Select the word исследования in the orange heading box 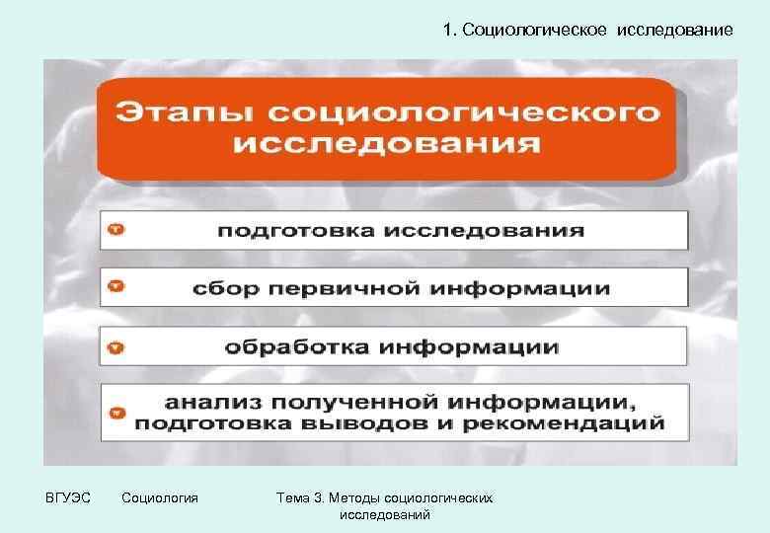[387, 144]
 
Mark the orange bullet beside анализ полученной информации [116, 414]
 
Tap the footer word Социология [159, 497]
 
